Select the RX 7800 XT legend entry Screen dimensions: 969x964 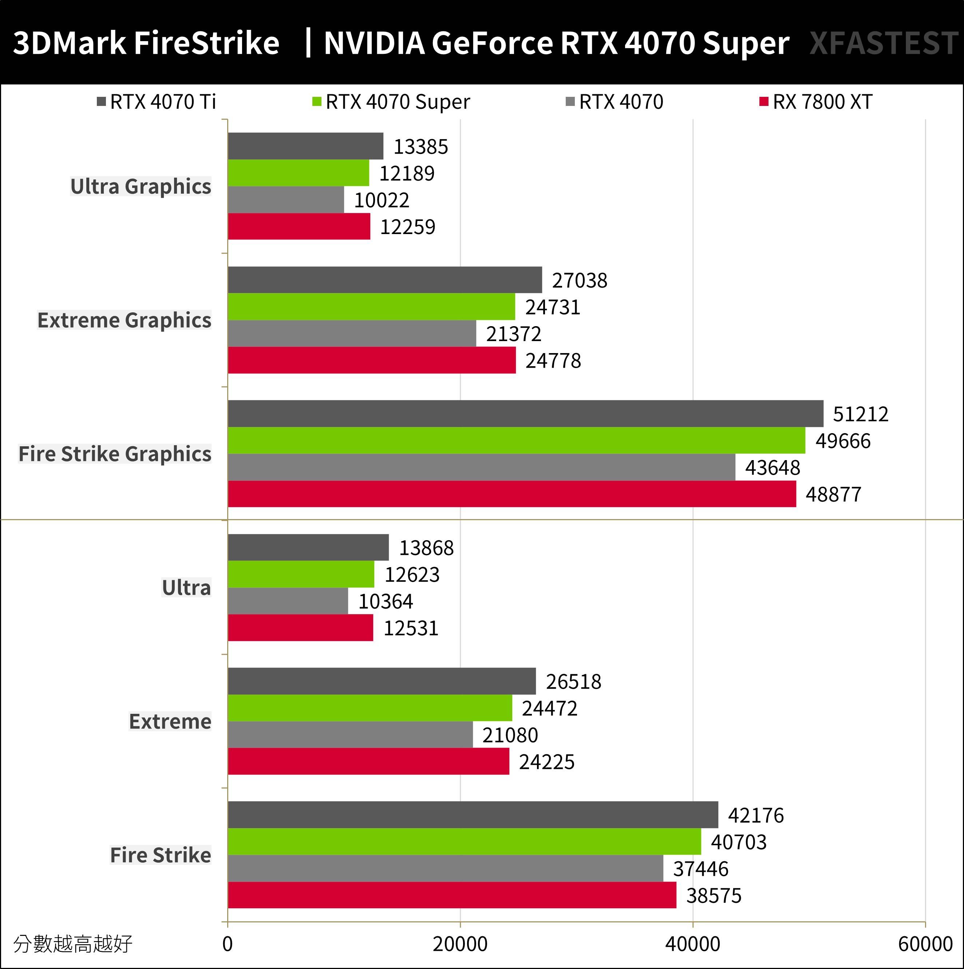(x=816, y=102)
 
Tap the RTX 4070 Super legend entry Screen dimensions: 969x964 (x=391, y=102)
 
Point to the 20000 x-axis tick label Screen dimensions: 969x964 (x=460, y=944)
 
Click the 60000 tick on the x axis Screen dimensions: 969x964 (x=925, y=944)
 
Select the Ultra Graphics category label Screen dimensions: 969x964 (x=141, y=186)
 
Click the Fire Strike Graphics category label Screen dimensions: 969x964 (x=115, y=454)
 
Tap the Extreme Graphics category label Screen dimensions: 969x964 (x=125, y=320)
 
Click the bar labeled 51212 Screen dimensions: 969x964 (x=525, y=414)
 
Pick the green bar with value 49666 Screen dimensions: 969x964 (x=516, y=440)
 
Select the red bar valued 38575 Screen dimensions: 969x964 (x=451, y=895)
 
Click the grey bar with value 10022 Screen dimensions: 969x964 (x=286, y=199)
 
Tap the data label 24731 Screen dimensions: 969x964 (x=552, y=307)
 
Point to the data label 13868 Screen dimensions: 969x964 (x=426, y=548)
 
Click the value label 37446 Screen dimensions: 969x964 (x=700, y=869)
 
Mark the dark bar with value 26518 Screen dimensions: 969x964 (x=381, y=681)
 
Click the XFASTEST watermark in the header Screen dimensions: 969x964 (x=884, y=43)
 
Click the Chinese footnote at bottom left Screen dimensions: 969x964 (x=73, y=944)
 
